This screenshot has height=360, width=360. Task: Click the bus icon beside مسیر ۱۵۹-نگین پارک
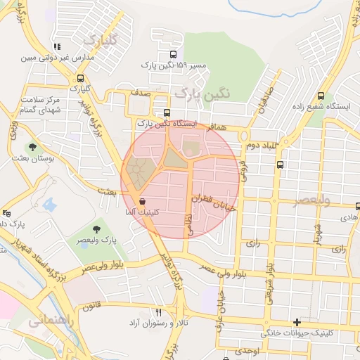point(173,54)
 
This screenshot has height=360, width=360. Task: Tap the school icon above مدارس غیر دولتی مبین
point(56,47)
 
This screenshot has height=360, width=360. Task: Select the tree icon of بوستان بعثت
point(32,147)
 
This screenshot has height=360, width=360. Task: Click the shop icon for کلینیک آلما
point(143,201)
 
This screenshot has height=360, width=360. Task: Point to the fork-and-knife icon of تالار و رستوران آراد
point(158,311)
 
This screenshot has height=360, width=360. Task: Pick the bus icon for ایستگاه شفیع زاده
point(321,96)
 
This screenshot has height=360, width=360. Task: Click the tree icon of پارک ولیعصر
point(96,229)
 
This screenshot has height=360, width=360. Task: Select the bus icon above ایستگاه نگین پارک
point(167,112)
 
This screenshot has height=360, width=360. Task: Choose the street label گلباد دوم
point(261,145)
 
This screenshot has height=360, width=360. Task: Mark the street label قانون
point(91,307)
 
